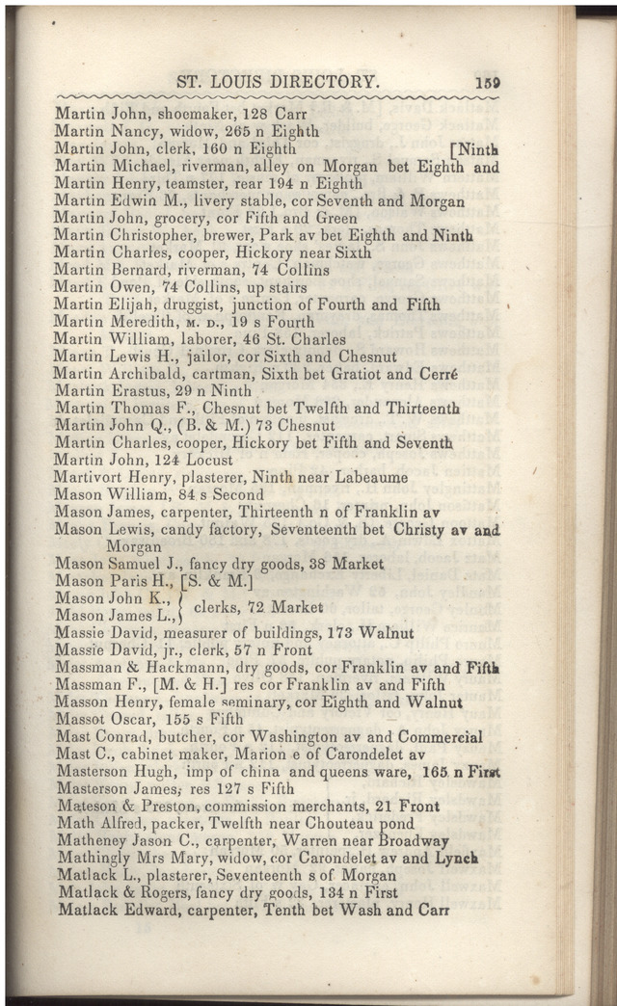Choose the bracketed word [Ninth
coord(474,149)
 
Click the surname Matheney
coord(94,841)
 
